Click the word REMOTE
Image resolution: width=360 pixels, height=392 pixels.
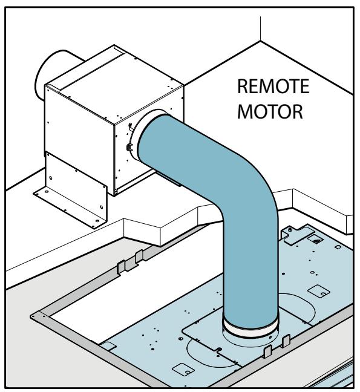tap(273, 87)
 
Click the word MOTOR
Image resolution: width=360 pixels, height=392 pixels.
tap(270, 111)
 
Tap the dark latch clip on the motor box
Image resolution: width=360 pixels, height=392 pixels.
tap(129, 147)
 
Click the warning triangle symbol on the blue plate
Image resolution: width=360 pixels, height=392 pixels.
tap(317, 241)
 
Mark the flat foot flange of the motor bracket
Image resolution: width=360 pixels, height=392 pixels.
tap(68, 208)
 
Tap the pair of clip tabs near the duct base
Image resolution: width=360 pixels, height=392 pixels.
tap(277, 345)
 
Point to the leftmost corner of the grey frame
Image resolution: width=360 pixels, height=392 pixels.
tap(31, 316)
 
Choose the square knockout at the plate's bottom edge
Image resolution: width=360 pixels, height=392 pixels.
tap(183, 370)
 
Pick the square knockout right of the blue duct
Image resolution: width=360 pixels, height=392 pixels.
tap(319, 291)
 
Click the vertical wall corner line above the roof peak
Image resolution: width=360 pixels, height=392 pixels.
tap(261, 29)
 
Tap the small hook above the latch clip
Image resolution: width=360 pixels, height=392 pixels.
tap(130, 127)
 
